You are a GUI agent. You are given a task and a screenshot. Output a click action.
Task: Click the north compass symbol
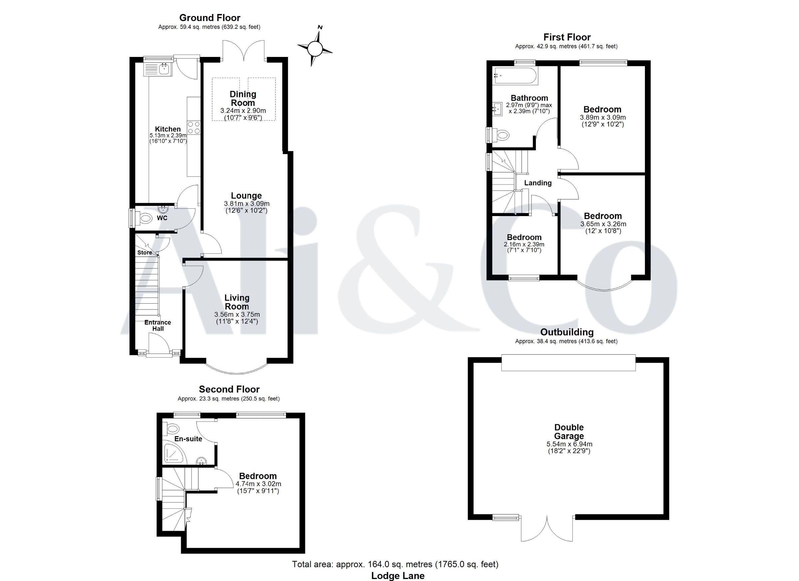tap(315, 48)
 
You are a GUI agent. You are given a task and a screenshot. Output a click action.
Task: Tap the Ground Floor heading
tap(210, 18)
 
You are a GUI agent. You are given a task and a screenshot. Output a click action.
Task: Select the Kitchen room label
tap(168, 129)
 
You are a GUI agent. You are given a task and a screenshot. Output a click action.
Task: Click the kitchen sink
tap(157, 69)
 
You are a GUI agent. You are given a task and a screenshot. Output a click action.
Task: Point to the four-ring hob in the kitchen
tap(193, 128)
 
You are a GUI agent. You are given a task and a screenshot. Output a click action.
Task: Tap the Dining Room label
tap(243, 98)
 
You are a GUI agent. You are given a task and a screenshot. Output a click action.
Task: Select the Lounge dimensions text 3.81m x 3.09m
tap(247, 204)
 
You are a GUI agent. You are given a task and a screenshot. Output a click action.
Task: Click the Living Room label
tap(237, 302)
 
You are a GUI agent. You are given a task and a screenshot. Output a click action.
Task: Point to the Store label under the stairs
tap(144, 253)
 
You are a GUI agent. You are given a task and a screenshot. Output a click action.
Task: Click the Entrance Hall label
tap(158, 326)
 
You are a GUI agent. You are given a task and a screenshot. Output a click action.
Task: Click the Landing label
tap(538, 183)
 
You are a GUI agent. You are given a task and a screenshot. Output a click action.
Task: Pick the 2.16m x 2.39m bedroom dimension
tap(524, 244)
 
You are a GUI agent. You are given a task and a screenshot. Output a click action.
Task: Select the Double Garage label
tap(569, 432)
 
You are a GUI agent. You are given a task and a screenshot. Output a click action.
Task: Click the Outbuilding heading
tap(567, 332)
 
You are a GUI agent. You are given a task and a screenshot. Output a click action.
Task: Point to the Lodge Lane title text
tap(398, 576)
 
